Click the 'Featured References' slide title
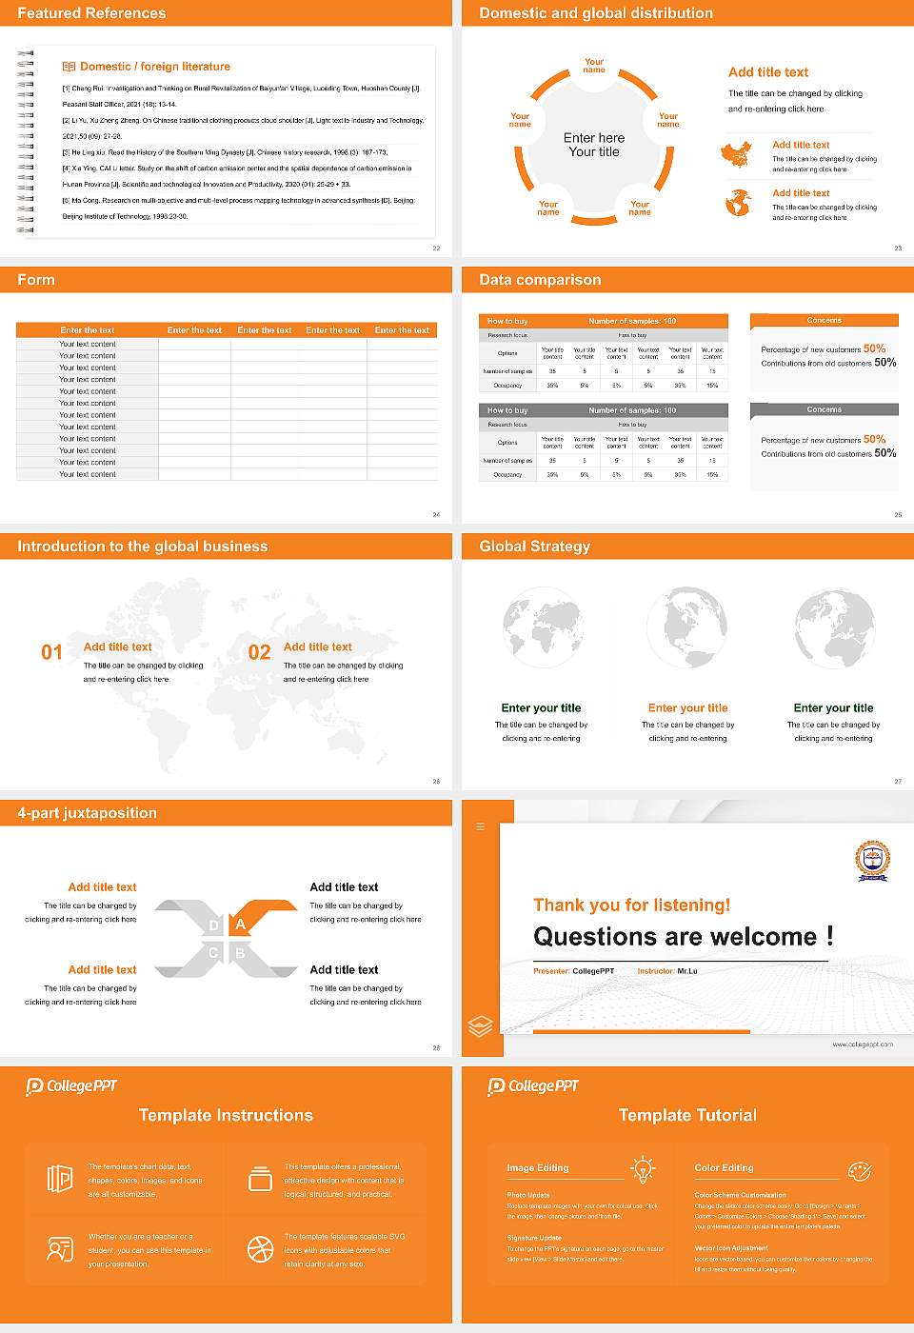[91, 13]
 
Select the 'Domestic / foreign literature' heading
[154, 67]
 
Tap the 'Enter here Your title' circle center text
[594, 145]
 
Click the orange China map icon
[736, 154]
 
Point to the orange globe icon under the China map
[738, 203]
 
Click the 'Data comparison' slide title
[540, 280]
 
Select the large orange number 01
[51, 652]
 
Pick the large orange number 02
[259, 652]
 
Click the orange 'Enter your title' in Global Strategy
[687, 707]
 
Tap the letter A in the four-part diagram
[241, 925]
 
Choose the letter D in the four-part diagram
[213, 925]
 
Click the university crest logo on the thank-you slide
[871, 860]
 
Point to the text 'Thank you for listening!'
[631, 905]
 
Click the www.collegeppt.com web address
[863, 1045]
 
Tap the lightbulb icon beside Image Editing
[643, 1169]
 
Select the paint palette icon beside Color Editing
[859, 1170]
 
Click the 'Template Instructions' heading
[226, 1115]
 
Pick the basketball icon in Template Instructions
[260, 1249]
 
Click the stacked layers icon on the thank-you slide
[481, 1026]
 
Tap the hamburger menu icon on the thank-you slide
[480, 826]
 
